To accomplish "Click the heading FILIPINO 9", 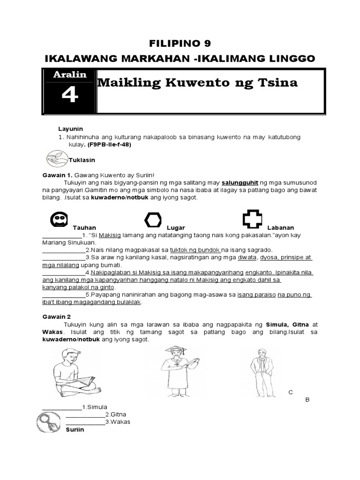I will pyautogui.click(x=180, y=44).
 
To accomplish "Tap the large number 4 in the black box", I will pyautogui.click(x=69, y=96).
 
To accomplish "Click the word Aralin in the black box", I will pyautogui.click(x=69, y=75).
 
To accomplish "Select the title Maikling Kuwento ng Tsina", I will pyautogui.click(x=197, y=83).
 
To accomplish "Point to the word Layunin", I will pyautogui.click(x=70, y=128).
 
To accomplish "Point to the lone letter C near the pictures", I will pyautogui.click(x=291, y=392).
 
